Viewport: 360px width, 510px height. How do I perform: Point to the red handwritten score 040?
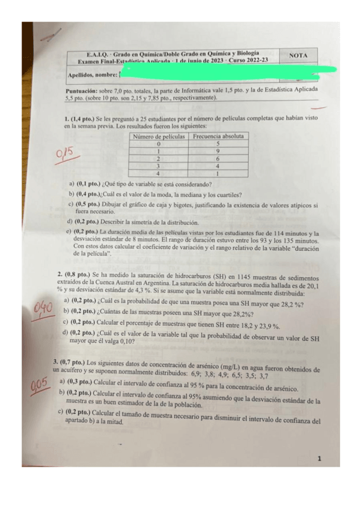[44, 309]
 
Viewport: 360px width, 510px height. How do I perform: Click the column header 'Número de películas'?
[159, 137]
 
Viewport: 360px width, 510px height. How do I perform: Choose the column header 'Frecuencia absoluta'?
[217, 137]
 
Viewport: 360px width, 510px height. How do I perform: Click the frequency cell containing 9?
[217, 152]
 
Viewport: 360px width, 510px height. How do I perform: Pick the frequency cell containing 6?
[217, 159]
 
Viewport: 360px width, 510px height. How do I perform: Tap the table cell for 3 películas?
[159, 166]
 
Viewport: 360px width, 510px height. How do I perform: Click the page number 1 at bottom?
[319, 459]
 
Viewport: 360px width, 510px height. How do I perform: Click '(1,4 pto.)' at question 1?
[83, 119]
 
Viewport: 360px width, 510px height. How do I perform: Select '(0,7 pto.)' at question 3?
[72, 362]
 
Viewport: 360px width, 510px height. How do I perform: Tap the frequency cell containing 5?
[217, 144]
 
